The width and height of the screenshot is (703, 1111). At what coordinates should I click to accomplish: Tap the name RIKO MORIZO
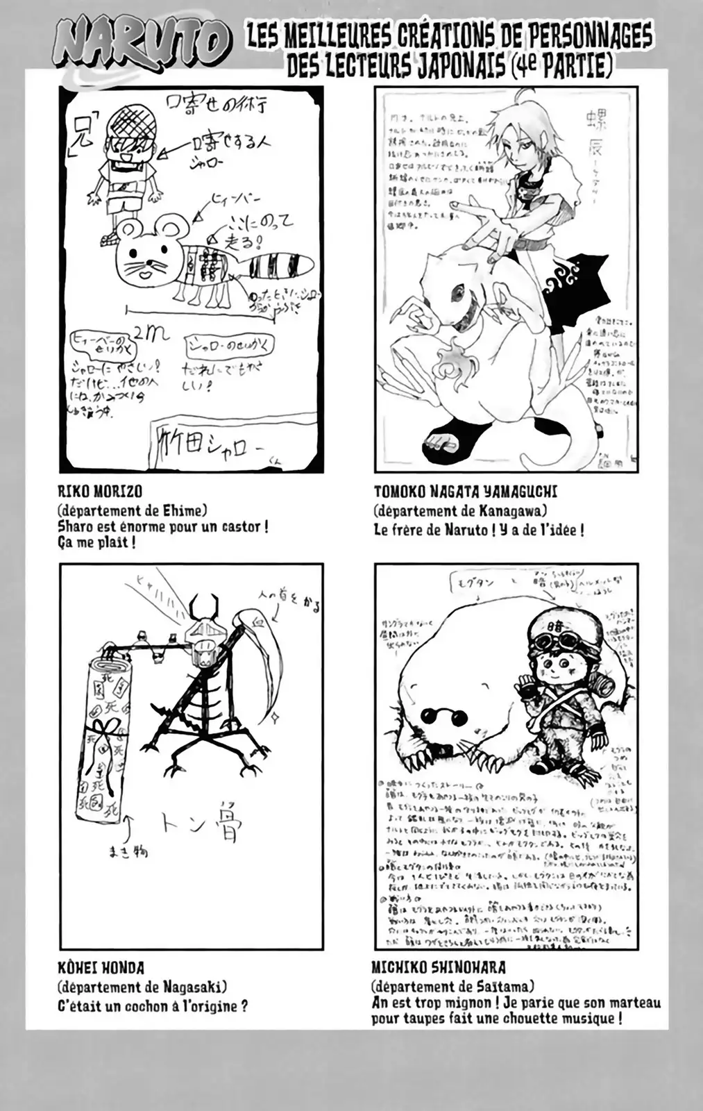[100, 492]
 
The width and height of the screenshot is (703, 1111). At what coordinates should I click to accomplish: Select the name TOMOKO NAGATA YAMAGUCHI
[465, 492]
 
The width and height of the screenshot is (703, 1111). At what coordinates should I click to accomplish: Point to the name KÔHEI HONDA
[101, 967]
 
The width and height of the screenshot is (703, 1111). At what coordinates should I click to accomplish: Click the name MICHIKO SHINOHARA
[438, 967]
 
